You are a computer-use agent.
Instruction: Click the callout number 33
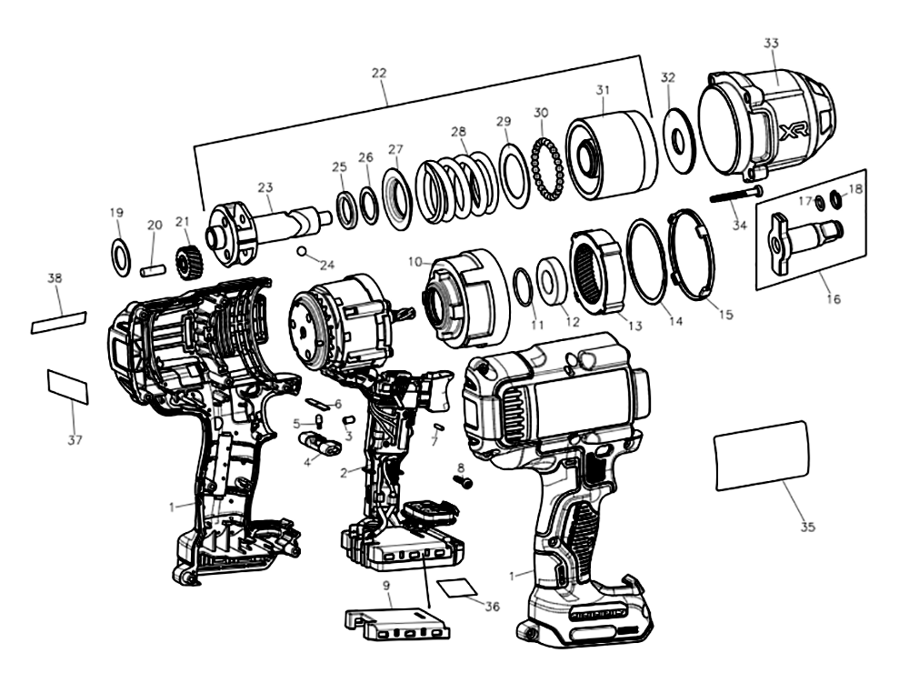coord(772,43)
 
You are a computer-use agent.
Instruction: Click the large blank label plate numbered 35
coord(762,456)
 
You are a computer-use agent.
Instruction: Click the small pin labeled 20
coord(155,269)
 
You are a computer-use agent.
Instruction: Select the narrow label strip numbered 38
coord(58,322)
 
